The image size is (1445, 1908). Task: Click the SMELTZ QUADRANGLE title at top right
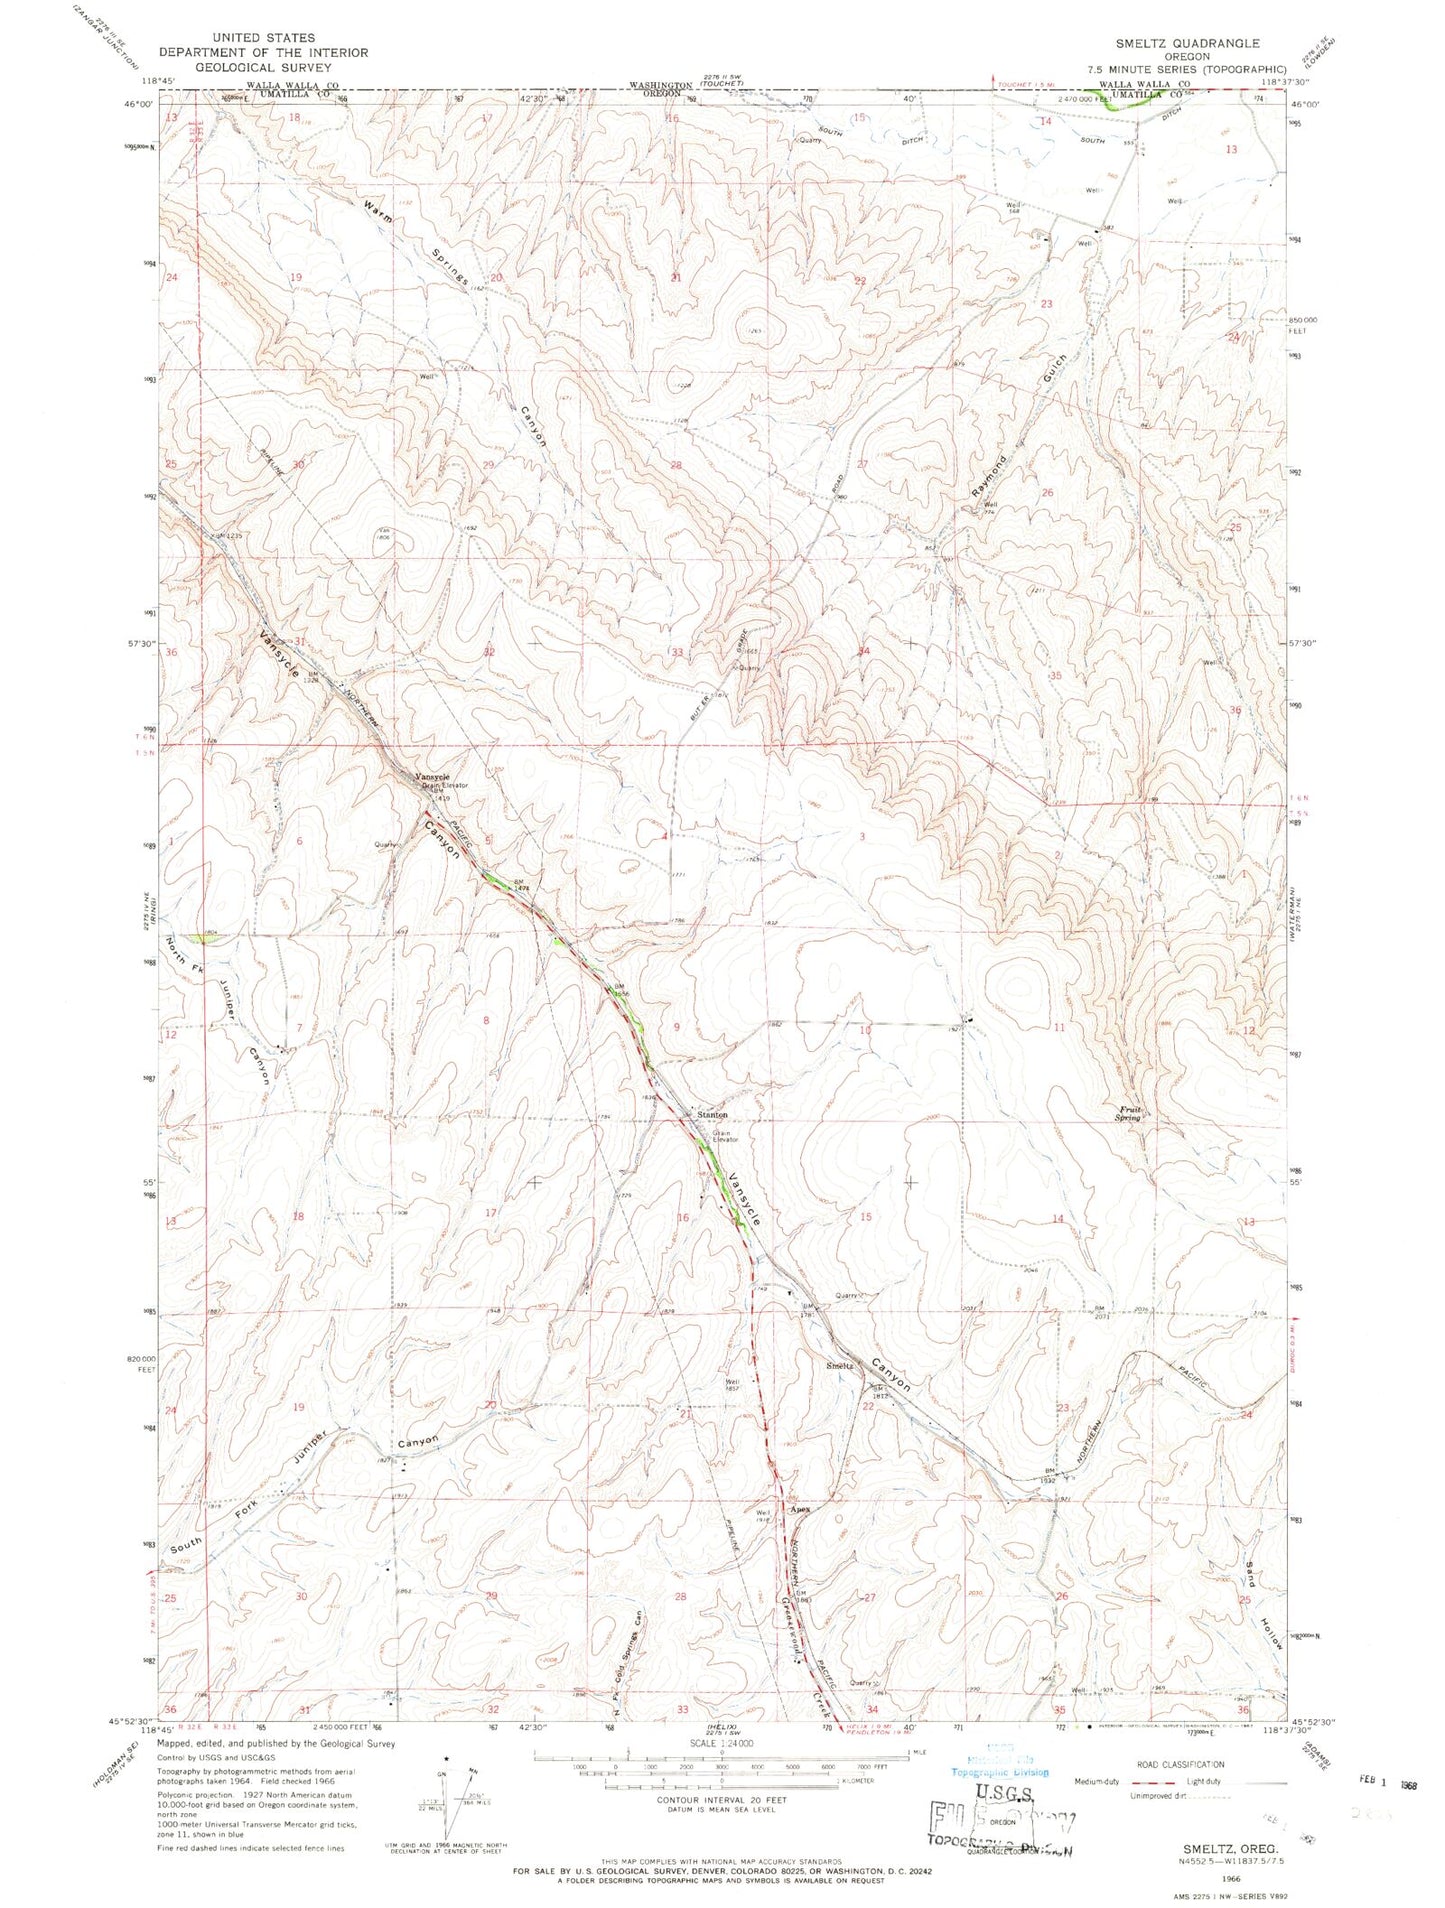tap(1190, 44)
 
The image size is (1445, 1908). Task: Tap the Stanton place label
tap(711, 1114)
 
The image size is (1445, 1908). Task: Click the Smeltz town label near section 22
tap(838, 1366)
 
